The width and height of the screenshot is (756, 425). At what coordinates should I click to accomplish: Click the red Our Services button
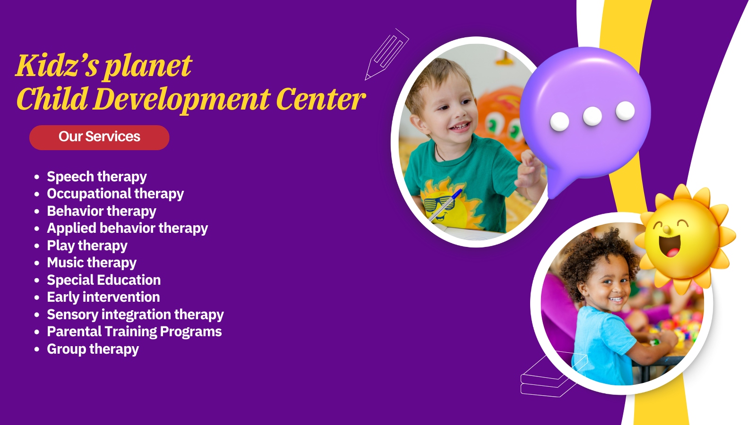(99, 137)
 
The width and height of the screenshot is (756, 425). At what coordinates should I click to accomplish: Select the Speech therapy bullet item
(97, 177)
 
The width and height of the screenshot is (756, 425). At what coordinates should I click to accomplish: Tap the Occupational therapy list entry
(115, 194)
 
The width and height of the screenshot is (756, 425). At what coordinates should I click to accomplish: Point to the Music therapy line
(92, 263)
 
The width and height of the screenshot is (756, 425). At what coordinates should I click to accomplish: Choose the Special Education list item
(104, 280)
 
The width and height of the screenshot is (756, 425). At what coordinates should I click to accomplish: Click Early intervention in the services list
(103, 297)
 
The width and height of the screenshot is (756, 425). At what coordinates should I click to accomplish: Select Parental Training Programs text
(134, 331)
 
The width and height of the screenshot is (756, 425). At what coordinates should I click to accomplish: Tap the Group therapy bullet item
(93, 349)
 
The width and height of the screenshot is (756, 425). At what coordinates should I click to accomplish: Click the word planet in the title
(148, 67)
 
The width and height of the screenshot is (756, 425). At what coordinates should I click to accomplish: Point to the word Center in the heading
(321, 99)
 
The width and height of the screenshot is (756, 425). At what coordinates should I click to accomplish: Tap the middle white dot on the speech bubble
(593, 116)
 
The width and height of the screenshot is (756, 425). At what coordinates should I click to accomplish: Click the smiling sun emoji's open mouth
(670, 246)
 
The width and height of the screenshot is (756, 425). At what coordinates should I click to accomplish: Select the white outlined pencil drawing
(387, 54)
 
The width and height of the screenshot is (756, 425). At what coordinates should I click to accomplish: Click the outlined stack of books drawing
(554, 374)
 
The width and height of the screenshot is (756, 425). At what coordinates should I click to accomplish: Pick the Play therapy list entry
(87, 246)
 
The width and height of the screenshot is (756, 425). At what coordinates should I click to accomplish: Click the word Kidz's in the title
(58, 66)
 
